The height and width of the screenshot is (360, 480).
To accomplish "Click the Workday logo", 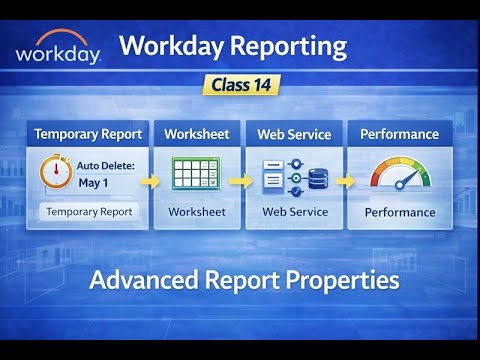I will tap(58, 48).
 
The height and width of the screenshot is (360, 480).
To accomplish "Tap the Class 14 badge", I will tap(240, 85).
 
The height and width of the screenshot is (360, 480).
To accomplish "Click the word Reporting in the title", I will tap(290, 46).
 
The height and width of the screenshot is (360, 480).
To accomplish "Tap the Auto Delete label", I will tap(106, 165).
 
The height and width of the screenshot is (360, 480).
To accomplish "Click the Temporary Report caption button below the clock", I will tap(89, 212).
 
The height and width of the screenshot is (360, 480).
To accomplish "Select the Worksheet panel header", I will tap(196, 134).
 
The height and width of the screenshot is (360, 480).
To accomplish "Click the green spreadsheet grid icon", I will tap(197, 176).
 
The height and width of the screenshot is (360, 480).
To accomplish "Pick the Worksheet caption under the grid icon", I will tap(197, 212).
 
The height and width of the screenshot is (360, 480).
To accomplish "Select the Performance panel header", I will tap(399, 134).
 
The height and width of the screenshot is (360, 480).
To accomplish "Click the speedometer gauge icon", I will tap(400, 175).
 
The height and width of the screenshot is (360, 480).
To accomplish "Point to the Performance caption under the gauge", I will tap(400, 212).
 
